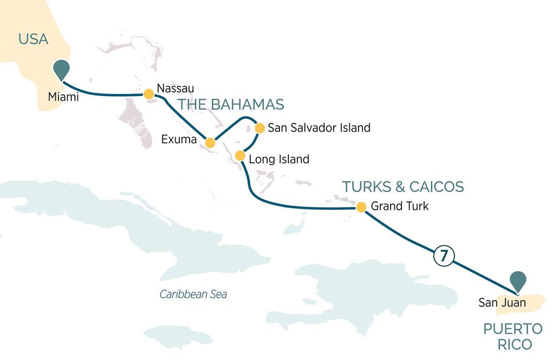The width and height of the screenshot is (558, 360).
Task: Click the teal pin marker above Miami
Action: [62, 69]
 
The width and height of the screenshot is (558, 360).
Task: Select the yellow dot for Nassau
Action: [148, 93]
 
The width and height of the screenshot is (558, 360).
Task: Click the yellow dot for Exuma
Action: [210, 143]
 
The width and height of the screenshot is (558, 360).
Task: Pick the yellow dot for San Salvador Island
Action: [259, 127]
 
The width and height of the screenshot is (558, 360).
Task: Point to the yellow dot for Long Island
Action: [240, 155]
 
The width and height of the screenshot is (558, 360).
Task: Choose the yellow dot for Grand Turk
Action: [361, 207]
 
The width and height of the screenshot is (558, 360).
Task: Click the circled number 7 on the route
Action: [444, 256]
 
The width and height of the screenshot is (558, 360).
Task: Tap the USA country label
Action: [33, 39]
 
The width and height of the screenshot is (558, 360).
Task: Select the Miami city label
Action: [63, 97]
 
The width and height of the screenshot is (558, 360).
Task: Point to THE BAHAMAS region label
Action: [231, 104]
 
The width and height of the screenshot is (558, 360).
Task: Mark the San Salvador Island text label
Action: [319, 128]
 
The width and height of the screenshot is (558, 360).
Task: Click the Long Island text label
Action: [279, 159]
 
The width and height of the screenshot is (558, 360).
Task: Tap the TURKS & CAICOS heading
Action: [403, 186]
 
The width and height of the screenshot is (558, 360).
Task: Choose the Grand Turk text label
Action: [400, 207]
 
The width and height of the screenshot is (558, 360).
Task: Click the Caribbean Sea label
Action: [193, 294]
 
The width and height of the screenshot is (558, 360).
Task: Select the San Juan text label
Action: [502, 303]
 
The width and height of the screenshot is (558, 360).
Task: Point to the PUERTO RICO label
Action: [513, 336]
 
